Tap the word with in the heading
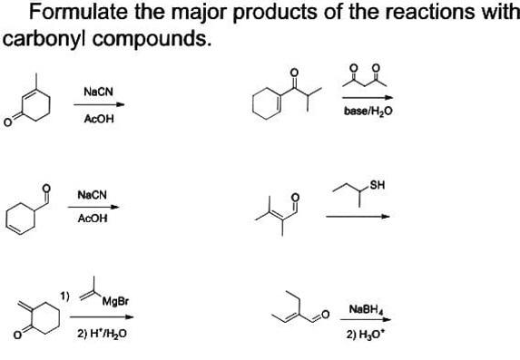pyautogui.click(x=490, y=13)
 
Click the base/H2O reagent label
pyautogui.click(x=368, y=112)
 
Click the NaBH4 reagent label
pyautogui.click(x=364, y=309)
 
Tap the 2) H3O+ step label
pyautogui.click(x=362, y=334)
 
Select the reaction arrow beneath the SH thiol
pyautogui.click(x=358, y=216)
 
